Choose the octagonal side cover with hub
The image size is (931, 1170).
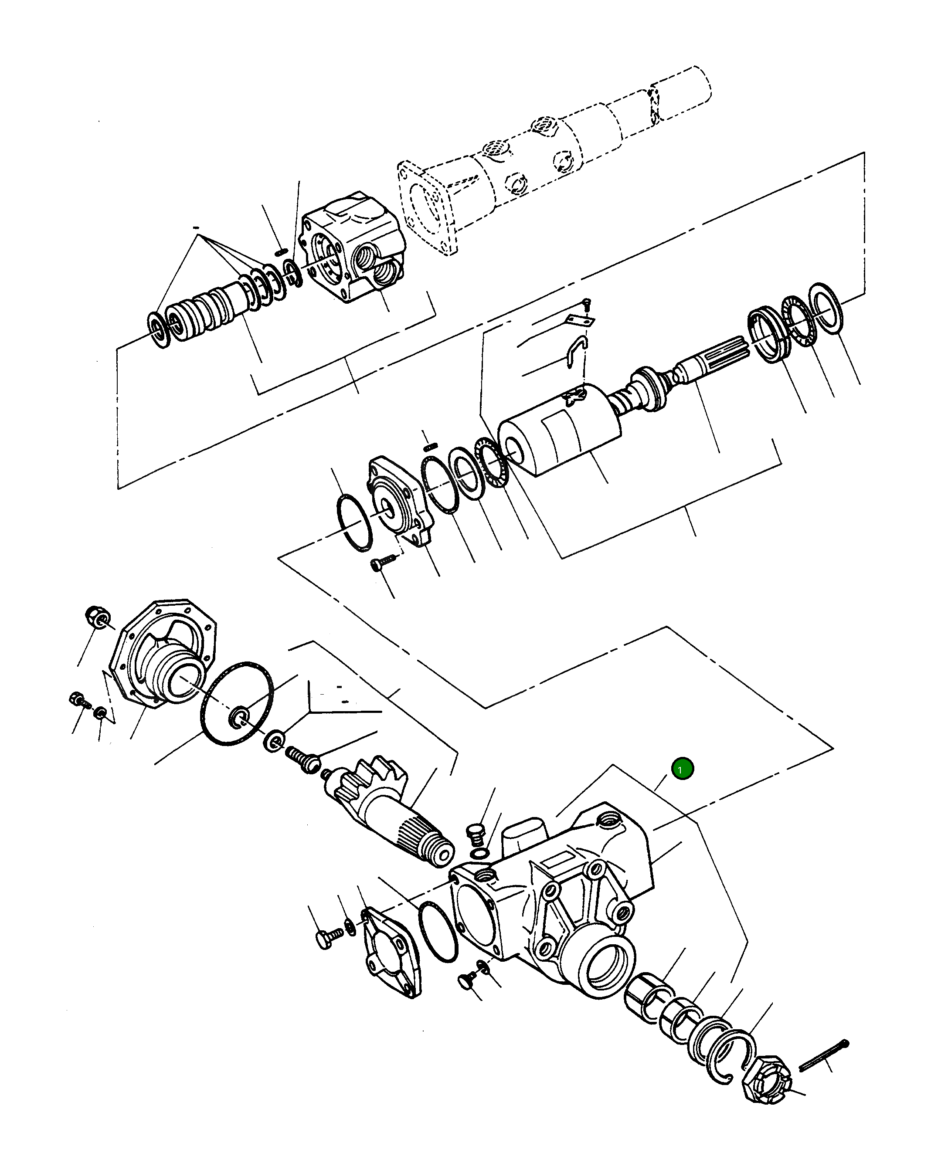coord(163,654)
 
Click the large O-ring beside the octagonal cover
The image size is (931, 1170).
coord(237,703)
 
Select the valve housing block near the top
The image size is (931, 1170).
coord(353,247)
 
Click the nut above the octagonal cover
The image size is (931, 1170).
coord(98,617)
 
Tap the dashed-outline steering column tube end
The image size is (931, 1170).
coord(681,92)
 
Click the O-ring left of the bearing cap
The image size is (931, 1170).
coord(354,522)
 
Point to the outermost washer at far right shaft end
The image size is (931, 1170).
coord(826,307)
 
